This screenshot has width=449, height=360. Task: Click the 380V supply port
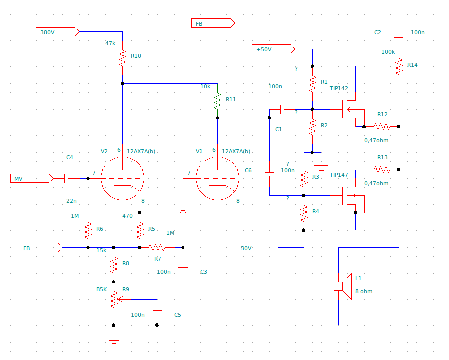coord(57,32)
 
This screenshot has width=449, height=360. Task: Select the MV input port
coord(32,178)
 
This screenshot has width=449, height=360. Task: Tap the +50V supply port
coord(273,49)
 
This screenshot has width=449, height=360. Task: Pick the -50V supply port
coord(256,248)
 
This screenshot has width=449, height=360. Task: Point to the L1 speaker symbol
coord(343,286)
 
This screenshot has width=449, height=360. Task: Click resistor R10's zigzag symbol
coord(122,57)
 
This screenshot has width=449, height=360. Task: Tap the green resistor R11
coord(217,101)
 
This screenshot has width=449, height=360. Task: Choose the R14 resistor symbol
coord(399,67)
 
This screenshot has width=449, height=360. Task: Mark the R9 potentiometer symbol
coord(115,299)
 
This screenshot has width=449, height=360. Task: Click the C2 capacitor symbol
coord(399,36)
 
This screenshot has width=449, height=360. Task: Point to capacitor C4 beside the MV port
coord(66,178)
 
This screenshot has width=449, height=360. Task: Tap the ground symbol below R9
coord(114,341)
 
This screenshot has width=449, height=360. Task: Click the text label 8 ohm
coord(364,291)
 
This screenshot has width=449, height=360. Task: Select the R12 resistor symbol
coord(382,126)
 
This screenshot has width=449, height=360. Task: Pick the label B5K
coord(102,289)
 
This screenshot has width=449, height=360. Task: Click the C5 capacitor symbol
coord(157,312)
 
